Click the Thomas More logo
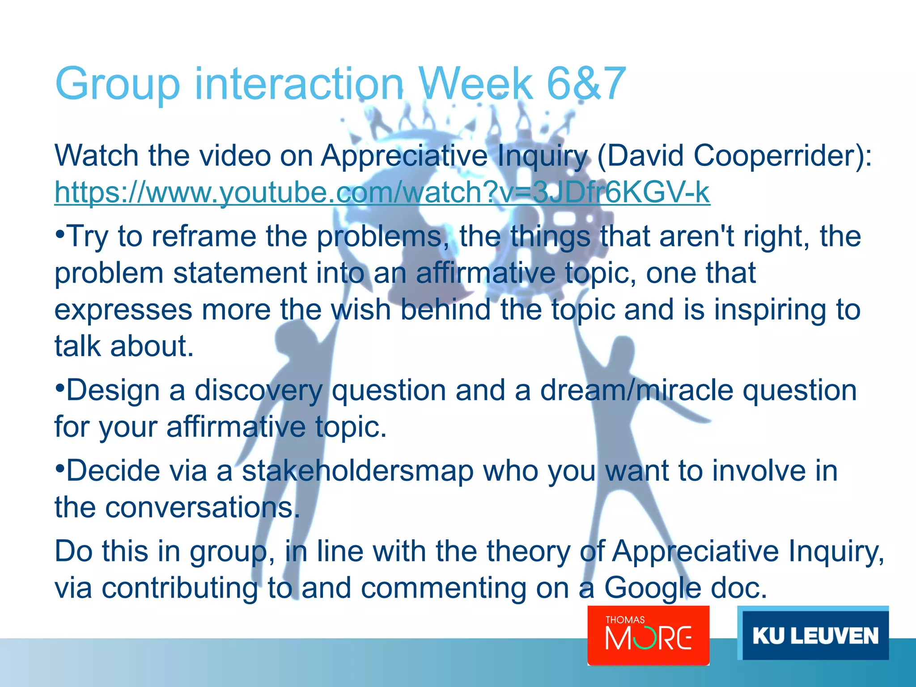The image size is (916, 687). pos(648,635)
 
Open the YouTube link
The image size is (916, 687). pos(382,192)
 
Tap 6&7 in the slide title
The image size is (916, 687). pos(586,84)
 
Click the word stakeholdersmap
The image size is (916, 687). pos(358,471)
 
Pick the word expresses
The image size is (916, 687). pos(123,310)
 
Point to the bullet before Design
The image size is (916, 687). pos(59,386)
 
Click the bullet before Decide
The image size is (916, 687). pos(59,466)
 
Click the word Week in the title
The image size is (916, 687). pos(476,84)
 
